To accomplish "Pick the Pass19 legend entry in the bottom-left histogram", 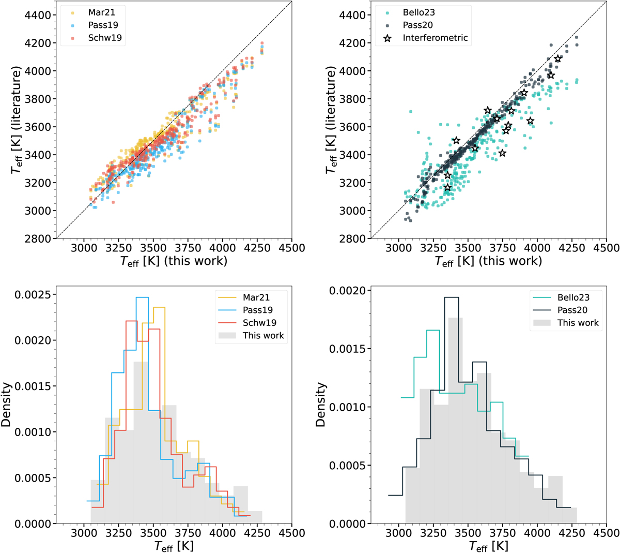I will coord(257,310).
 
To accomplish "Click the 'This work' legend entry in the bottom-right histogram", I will coord(578,323).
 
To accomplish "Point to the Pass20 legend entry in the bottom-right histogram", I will coord(572,310).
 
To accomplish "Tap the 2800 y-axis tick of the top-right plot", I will coord(351,238).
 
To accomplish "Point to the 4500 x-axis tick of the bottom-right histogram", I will coord(607,532).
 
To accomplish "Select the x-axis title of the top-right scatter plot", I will coord(488,261).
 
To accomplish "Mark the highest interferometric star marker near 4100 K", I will coord(558,59).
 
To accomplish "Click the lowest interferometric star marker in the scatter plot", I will coord(447,187).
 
